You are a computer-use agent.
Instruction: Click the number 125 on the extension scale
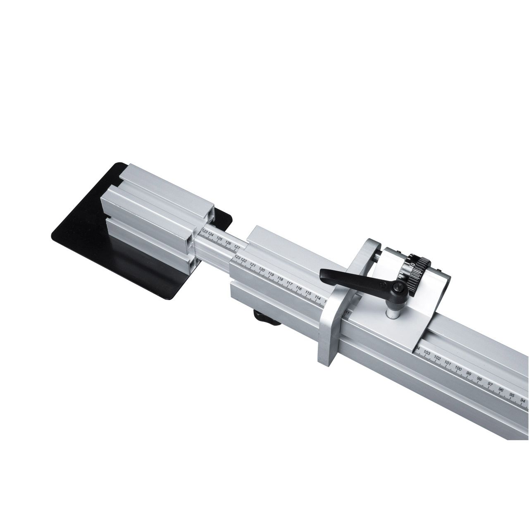220,240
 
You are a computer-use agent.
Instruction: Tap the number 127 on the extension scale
236,247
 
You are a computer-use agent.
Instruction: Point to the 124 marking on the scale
211,236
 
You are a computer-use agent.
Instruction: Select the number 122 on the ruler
244,261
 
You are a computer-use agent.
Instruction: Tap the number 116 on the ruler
299,288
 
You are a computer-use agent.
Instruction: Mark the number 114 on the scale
317,297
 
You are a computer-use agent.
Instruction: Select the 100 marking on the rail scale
458,368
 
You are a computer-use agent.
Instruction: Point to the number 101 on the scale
448,363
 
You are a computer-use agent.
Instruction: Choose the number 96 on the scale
501,390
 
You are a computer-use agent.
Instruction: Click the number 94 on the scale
522,400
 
